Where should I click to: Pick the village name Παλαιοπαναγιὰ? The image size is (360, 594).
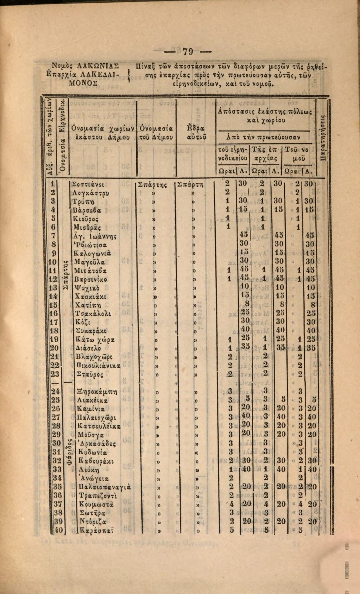[x=105, y=487]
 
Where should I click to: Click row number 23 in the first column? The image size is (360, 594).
[x=55, y=374]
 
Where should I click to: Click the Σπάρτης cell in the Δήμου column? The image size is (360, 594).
[x=152, y=184]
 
